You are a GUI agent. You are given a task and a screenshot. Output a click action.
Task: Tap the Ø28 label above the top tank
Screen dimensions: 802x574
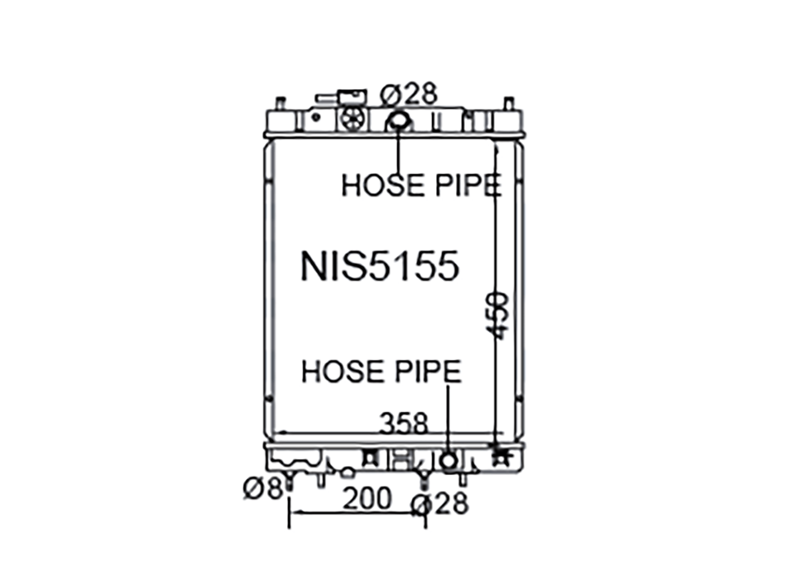(x=408, y=94)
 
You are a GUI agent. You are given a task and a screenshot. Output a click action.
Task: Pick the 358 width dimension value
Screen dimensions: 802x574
(x=404, y=423)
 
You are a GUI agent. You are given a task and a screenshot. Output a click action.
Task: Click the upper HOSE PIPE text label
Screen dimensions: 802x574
(x=422, y=185)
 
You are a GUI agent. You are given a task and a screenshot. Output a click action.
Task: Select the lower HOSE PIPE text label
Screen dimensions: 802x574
(x=382, y=372)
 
